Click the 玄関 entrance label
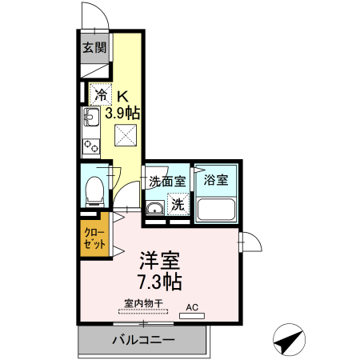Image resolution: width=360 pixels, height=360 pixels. click(94, 47)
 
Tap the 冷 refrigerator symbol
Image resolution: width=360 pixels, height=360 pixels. click(101, 95)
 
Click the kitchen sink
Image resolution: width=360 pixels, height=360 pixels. click(89, 121)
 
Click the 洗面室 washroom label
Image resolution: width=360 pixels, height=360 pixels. click(167, 181)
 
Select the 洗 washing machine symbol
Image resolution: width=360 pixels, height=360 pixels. click(178, 204)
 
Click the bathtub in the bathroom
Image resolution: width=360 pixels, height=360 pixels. click(216, 211)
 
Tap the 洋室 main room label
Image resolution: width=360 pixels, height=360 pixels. click(160, 261)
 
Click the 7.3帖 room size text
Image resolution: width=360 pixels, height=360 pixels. click(160, 282)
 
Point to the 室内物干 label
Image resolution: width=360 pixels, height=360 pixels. click(144, 303)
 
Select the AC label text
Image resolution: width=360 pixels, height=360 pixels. click(192, 306)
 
